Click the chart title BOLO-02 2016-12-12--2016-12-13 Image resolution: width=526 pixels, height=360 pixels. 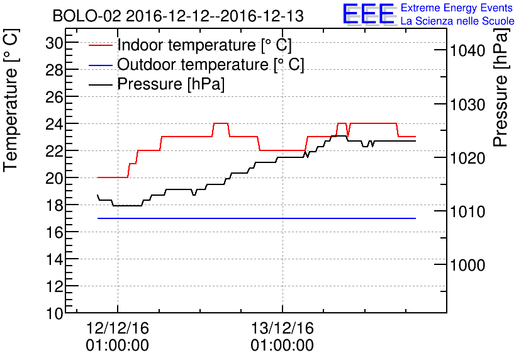(178, 16)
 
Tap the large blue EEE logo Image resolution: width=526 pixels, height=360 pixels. (369, 14)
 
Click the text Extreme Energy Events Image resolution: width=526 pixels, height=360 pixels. (457, 8)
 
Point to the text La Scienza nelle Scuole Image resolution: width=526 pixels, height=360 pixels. (457, 21)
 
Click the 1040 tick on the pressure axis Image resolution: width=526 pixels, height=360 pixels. (467, 50)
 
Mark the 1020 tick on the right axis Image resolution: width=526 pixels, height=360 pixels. (467, 158)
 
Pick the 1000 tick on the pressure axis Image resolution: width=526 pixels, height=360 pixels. (467, 266)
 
